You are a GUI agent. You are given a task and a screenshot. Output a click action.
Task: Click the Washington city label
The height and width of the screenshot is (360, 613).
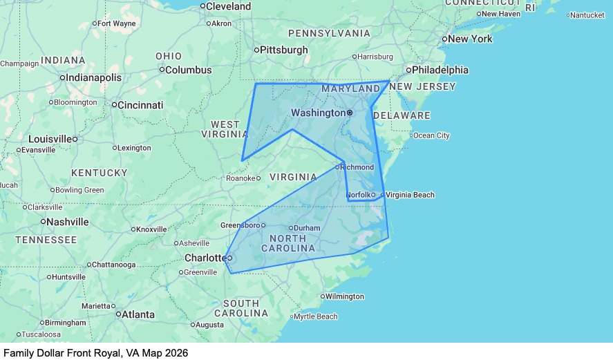click(318, 113)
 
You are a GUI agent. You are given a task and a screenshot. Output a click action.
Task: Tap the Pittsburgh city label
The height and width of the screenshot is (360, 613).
click(283, 50)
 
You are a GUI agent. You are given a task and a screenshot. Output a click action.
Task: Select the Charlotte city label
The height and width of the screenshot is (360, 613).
click(205, 258)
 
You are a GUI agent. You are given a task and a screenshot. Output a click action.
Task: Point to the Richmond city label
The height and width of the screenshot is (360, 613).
click(358, 167)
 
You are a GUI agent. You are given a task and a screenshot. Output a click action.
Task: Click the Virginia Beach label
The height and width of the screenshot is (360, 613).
click(411, 195)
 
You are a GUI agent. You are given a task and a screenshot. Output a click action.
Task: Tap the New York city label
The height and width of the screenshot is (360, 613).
click(470, 39)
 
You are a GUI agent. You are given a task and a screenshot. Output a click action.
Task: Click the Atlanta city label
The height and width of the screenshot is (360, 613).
click(138, 314)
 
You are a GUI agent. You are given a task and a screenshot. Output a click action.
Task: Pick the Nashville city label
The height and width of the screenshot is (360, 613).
click(67, 222)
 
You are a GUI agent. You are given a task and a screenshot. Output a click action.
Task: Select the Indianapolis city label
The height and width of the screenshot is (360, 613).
click(94, 77)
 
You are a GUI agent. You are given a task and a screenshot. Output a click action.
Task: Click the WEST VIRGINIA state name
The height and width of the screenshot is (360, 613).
click(225, 129)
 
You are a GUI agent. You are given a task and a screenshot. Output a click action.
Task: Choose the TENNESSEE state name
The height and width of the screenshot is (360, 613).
click(46, 240)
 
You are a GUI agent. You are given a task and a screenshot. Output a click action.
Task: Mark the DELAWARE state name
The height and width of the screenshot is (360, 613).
click(402, 115)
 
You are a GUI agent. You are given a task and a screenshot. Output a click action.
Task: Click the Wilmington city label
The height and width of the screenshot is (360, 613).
click(344, 296)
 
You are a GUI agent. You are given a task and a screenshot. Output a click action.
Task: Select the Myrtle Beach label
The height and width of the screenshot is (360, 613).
click(316, 316)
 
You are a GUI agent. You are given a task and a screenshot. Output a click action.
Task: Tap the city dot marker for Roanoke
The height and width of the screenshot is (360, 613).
click(258, 178)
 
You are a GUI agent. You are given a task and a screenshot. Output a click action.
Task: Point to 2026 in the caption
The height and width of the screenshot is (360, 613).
click(176, 352)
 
